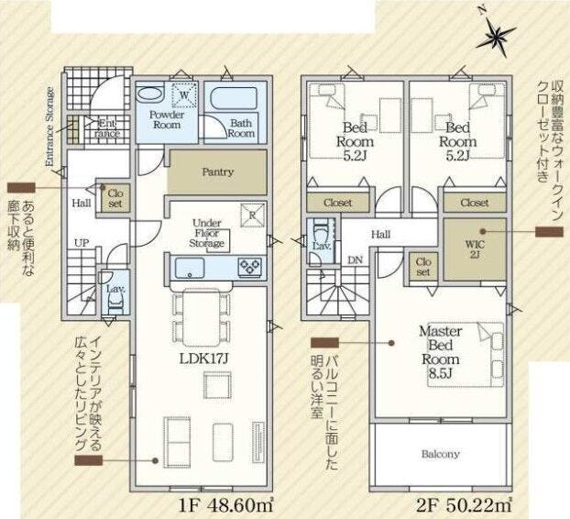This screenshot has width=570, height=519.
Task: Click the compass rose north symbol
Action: (495, 35)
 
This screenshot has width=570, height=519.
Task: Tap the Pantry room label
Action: (218, 171)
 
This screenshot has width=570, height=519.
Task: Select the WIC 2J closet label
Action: (475, 249)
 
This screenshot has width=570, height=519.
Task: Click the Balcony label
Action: (440, 454)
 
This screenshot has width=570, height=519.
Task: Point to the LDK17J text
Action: (203, 359)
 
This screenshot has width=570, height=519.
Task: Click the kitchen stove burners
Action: (250, 267)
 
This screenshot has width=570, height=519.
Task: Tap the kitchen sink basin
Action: (190, 268)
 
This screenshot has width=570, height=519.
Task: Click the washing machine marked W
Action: (185, 95)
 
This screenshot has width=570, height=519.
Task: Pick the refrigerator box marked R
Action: (253, 215)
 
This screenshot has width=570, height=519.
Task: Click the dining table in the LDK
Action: (202, 316)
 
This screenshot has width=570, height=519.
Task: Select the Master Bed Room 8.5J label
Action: (440, 352)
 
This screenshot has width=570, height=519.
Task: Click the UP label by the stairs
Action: (82, 243)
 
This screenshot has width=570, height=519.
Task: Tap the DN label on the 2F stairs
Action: (355, 259)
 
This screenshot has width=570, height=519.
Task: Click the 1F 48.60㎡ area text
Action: (225, 505)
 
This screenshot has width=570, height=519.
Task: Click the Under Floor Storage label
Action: (207, 233)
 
